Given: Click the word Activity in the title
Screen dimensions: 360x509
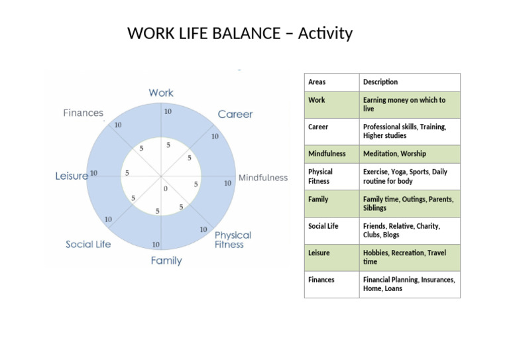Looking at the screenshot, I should click(x=325, y=33).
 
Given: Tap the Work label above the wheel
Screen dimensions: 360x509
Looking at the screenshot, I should click(x=161, y=93).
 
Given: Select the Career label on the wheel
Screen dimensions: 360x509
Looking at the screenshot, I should click(x=235, y=114).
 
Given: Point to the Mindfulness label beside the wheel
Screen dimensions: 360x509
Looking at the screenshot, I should click(x=263, y=178).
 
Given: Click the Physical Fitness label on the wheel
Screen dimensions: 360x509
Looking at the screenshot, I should click(x=232, y=239).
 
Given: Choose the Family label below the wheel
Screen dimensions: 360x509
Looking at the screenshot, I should click(x=166, y=261).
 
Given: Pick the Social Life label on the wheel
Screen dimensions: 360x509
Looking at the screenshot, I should click(x=88, y=245).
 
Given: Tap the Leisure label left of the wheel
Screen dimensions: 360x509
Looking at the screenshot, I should click(x=72, y=176).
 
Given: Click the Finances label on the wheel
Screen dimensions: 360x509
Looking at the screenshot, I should click(x=84, y=113).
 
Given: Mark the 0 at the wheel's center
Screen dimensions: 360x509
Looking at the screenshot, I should click(x=166, y=189).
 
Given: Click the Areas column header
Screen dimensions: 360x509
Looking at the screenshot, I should click(x=317, y=82).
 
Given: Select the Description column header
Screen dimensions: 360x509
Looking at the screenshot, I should click(x=380, y=82).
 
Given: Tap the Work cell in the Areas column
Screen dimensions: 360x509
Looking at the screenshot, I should click(x=317, y=100).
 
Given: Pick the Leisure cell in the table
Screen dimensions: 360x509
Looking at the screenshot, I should click(x=319, y=253).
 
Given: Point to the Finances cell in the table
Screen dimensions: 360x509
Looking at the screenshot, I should click(x=321, y=280).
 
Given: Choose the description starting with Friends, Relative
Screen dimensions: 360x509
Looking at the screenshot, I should click(x=401, y=230).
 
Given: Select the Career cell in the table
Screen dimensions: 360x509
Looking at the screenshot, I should click(x=318, y=127).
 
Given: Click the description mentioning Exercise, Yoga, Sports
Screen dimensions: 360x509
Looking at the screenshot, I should click(x=405, y=176).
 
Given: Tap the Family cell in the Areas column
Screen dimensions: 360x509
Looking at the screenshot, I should click(x=318, y=199).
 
